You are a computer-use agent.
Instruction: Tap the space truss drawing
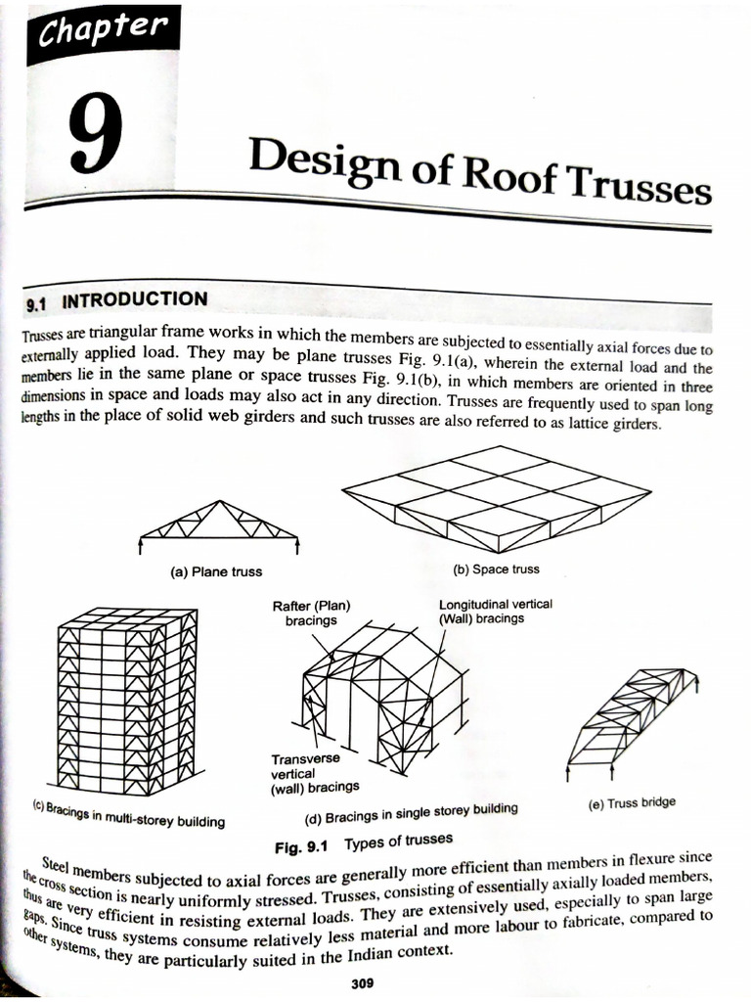click(x=496, y=496)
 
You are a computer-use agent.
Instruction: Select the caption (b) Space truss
click(x=496, y=569)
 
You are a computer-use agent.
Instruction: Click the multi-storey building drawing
click(x=127, y=699)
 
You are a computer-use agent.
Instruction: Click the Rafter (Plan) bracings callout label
click(x=311, y=613)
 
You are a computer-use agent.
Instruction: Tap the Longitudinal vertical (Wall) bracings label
click(x=495, y=611)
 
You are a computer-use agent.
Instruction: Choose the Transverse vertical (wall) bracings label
click(x=315, y=772)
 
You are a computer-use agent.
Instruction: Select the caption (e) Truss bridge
click(x=632, y=803)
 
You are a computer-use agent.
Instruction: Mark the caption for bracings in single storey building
click(x=407, y=813)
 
